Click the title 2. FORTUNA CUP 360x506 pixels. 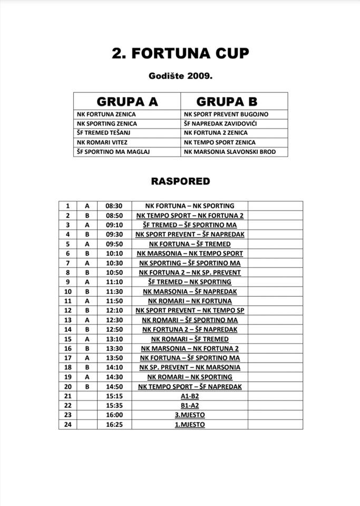180,54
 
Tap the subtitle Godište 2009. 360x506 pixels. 180,76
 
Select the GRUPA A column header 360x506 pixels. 127,101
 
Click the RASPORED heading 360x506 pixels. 180,181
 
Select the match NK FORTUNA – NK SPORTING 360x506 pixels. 190,206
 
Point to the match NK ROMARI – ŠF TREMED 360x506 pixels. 190,339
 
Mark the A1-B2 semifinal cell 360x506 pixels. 190,396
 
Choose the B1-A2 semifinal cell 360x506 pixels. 190,405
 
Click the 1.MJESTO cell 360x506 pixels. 190,424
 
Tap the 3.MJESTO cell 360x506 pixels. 190,415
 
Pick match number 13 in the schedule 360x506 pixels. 67,320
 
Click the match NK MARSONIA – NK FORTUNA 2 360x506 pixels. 190,348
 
